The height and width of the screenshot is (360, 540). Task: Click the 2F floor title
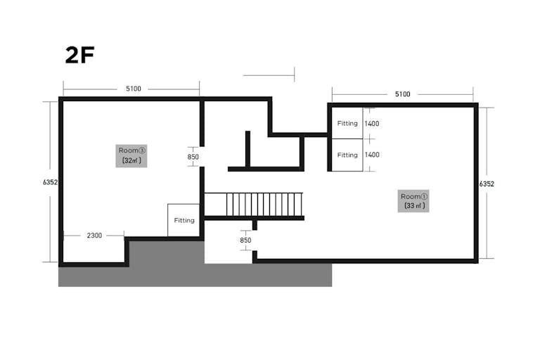[x=79, y=55]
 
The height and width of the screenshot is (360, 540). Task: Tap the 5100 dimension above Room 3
[x=134, y=89]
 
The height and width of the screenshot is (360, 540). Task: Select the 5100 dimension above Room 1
[x=402, y=94]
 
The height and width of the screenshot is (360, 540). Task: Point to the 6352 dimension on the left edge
[x=51, y=182]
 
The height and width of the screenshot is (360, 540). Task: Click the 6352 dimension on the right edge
[x=487, y=184]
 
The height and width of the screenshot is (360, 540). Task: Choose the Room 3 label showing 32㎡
[x=131, y=155]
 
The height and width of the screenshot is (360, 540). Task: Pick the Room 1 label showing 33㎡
[x=413, y=201]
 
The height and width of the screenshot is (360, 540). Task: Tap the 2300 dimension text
[x=94, y=236]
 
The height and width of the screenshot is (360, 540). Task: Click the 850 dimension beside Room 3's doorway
[x=193, y=157]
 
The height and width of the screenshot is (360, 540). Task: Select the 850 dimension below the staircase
[x=245, y=240]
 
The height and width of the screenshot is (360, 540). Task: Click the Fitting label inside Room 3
[x=184, y=221]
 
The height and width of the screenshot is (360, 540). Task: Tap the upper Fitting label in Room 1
[x=347, y=123]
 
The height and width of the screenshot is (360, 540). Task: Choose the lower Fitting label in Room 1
[x=347, y=155]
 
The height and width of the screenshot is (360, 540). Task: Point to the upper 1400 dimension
[x=372, y=123]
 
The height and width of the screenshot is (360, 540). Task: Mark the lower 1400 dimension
[x=372, y=155]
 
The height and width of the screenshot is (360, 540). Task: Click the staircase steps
[x=264, y=205]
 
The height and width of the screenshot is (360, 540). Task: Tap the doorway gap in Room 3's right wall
[x=202, y=157]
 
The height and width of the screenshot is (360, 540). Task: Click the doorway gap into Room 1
[x=255, y=240]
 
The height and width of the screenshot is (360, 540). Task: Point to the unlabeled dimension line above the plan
[x=269, y=75]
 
